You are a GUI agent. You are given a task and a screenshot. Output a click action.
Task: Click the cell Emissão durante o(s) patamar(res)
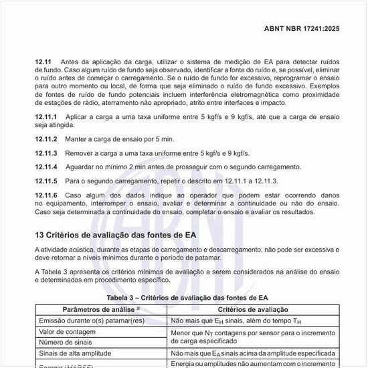coord(92,320)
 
